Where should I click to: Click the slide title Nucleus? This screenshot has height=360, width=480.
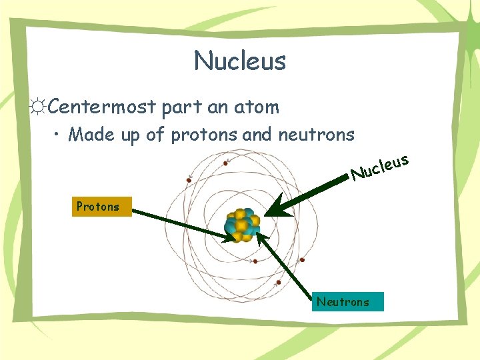pos(240,61)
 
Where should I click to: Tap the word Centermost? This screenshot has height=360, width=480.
pos(103,107)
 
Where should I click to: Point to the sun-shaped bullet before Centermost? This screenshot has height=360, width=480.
pos(38,107)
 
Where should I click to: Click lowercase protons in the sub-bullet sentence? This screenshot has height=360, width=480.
pos(204,135)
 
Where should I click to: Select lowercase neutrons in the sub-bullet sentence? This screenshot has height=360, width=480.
pos(316,135)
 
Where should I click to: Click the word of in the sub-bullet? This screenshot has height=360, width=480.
pos(155,135)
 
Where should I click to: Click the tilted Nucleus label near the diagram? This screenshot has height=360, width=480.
pos(379,167)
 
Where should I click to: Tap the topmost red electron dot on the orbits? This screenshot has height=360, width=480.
pos(226,162)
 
